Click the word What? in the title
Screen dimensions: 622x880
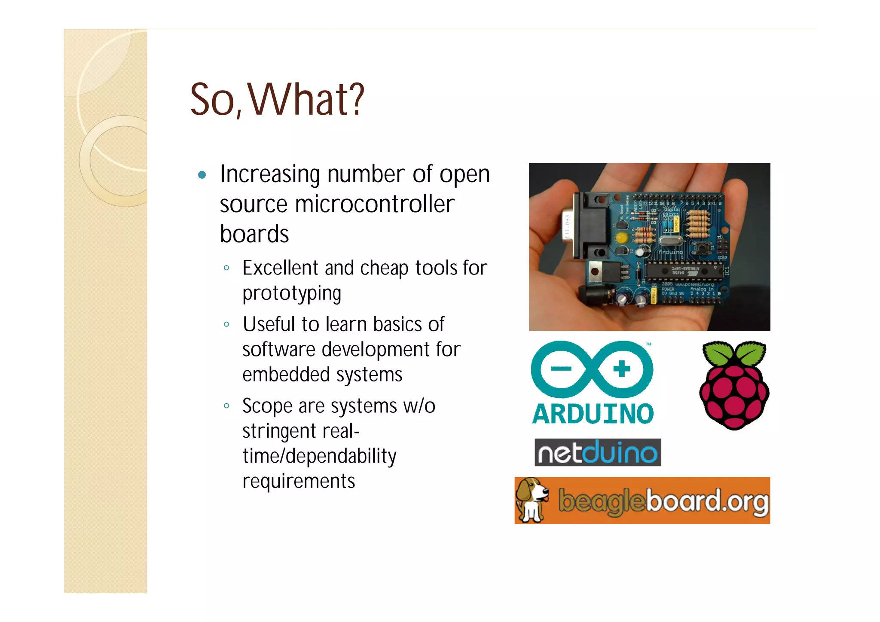point(306,100)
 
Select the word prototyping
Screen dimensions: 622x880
point(292,294)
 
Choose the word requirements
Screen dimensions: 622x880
point(299,481)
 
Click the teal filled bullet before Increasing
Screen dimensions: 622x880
point(202,175)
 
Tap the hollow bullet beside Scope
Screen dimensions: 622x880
point(226,406)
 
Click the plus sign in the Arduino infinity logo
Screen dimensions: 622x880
point(621,369)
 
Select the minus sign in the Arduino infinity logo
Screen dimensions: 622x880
point(561,369)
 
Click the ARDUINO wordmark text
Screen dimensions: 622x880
point(593,414)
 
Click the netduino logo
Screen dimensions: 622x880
point(597,452)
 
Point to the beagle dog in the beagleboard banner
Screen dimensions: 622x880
point(532,500)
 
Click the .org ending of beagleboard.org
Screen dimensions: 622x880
point(746,501)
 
